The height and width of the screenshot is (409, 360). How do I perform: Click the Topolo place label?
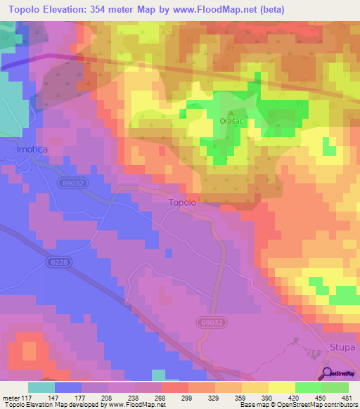pyautogui.click(x=182, y=202)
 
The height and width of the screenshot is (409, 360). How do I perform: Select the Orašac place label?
pyautogui.click(x=232, y=120)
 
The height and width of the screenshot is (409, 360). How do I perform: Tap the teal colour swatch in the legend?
pyautogui.click(x=41, y=387)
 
